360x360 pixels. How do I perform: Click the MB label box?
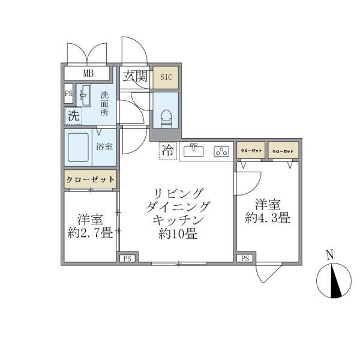[x=88, y=74]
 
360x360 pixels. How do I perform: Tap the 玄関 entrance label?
[x=136, y=76]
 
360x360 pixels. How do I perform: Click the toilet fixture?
[x=166, y=114]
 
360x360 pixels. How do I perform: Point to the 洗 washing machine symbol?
[x=73, y=115]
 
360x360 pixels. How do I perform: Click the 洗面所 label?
[x=104, y=104]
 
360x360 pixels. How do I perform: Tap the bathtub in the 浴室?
[x=78, y=147]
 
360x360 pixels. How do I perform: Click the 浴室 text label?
[x=104, y=146]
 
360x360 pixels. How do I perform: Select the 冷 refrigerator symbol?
[x=168, y=151]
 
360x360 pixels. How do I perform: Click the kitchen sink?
[x=195, y=151]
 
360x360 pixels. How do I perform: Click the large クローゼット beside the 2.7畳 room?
[x=90, y=179]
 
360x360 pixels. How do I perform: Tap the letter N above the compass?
[x=329, y=254]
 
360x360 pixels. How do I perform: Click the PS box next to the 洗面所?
[x=69, y=94]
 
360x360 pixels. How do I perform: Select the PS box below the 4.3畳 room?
[x=245, y=259]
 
